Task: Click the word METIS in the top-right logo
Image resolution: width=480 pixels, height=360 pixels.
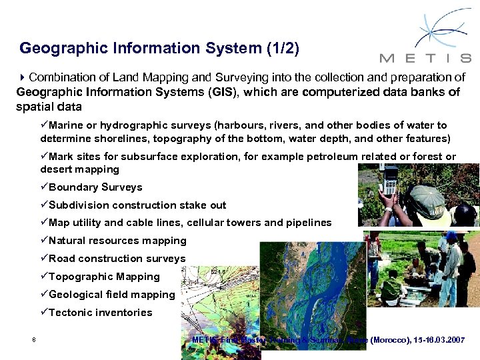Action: coord(424,57)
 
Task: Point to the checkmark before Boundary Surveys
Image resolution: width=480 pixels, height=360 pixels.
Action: coord(44,187)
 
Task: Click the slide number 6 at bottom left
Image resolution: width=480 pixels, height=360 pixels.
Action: coord(33,341)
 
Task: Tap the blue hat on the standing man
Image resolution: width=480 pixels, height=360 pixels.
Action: coord(451,237)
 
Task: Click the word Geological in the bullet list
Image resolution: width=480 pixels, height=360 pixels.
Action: coord(76,295)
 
